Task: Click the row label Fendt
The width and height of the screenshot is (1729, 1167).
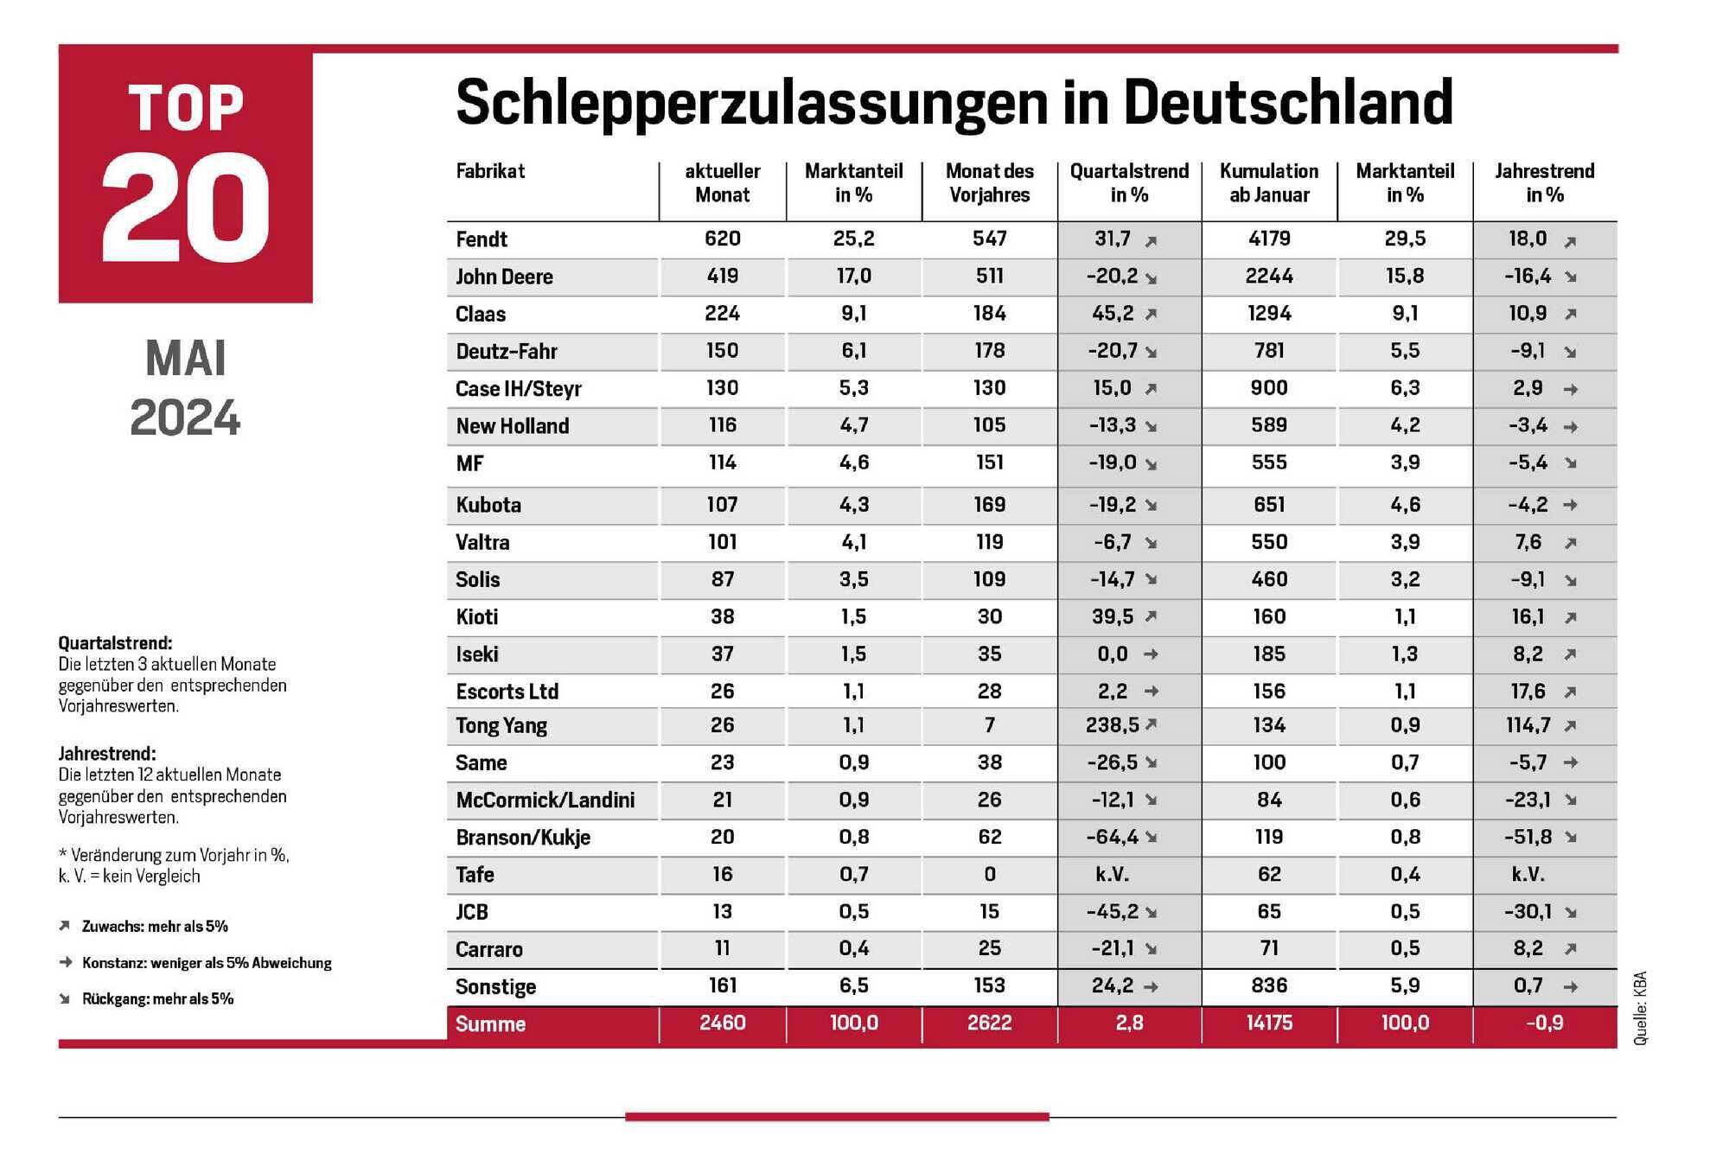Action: click(x=482, y=239)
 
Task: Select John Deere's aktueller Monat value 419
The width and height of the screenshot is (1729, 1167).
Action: click(x=722, y=276)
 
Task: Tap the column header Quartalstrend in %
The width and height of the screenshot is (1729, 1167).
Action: click(x=1129, y=182)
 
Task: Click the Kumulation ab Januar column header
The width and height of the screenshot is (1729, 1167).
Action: click(x=1269, y=182)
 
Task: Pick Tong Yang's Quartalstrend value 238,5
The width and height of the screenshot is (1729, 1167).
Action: click(x=1113, y=724)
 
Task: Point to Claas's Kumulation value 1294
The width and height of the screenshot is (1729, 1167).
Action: click(x=1269, y=313)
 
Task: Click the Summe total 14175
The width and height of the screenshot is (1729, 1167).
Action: click(x=1269, y=1023)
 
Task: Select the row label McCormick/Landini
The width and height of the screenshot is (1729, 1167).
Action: click(x=545, y=800)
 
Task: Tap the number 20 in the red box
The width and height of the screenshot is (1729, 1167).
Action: click(x=186, y=207)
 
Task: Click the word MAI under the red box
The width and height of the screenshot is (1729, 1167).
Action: click(x=186, y=358)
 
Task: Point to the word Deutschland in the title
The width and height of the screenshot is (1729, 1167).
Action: click(x=1288, y=102)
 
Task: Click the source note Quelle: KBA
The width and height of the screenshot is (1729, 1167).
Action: click(x=1640, y=1009)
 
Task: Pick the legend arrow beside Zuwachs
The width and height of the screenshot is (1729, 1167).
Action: click(x=64, y=926)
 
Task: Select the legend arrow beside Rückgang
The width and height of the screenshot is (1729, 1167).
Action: click(x=64, y=998)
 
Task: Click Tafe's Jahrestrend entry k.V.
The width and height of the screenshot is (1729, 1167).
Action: click(x=1528, y=874)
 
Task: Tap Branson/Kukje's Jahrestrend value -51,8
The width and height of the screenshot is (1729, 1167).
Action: click(x=1528, y=837)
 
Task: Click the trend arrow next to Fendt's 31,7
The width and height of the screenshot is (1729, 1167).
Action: click(x=1151, y=241)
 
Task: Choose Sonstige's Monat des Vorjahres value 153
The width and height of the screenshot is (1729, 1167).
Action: click(x=989, y=985)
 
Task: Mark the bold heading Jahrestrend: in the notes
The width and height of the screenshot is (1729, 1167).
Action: click(x=107, y=754)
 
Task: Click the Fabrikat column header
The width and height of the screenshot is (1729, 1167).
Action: click(x=490, y=171)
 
